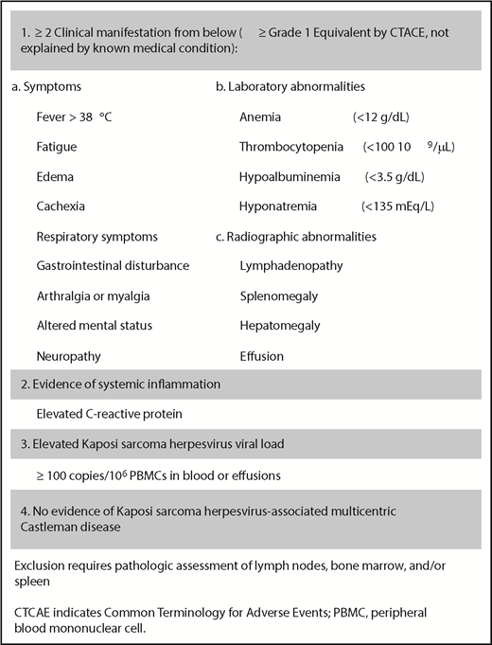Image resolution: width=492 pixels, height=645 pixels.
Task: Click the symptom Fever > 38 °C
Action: coord(74,116)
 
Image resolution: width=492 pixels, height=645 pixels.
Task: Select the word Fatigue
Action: coord(58,147)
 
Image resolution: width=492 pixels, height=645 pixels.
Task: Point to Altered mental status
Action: coord(93,324)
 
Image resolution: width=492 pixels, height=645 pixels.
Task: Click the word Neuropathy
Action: coord(69,354)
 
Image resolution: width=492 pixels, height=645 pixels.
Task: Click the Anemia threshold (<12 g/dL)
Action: coord(381,116)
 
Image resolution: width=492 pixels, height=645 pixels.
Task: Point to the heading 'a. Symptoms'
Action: coord(46,87)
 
